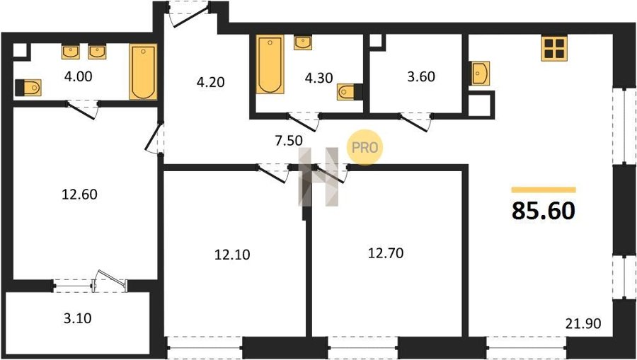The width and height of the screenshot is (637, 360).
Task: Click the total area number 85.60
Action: click(x=543, y=211)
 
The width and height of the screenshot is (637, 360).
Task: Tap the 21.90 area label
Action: click(x=583, y=323)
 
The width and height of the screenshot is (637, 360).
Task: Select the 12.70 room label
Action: click(x=386, y=253)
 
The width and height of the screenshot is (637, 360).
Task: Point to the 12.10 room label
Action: click(x=232, y=255)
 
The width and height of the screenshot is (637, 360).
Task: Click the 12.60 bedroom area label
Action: click(x=79, y=194)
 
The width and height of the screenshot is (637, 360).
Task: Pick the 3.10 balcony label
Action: click(x=77, y=318)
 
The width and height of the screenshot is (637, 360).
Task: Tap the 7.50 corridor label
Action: click(x=289, y=141)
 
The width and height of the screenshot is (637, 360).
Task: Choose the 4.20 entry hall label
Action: click(x=210, y=82)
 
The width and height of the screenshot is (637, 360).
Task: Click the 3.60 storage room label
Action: click(x=421, y=76)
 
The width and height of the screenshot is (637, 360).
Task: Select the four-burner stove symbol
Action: click(x=554, y=48)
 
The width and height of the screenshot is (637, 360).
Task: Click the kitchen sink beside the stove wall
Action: click(x=480, y=74)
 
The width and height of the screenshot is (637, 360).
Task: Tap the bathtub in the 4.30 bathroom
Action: click(x=270, y=65)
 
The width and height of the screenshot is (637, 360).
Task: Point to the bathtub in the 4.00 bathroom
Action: click(x=143, y=72)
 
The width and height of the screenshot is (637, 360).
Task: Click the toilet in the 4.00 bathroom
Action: click(x=28, y=87)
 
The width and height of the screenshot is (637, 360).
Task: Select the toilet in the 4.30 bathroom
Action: click(x=350, y=92)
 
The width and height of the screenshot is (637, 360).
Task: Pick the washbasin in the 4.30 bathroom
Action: click(x=303, y=42)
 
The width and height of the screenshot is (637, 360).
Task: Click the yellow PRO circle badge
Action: click(x=365, y=147)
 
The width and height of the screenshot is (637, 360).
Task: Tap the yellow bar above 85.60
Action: click(x=544, y=190)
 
